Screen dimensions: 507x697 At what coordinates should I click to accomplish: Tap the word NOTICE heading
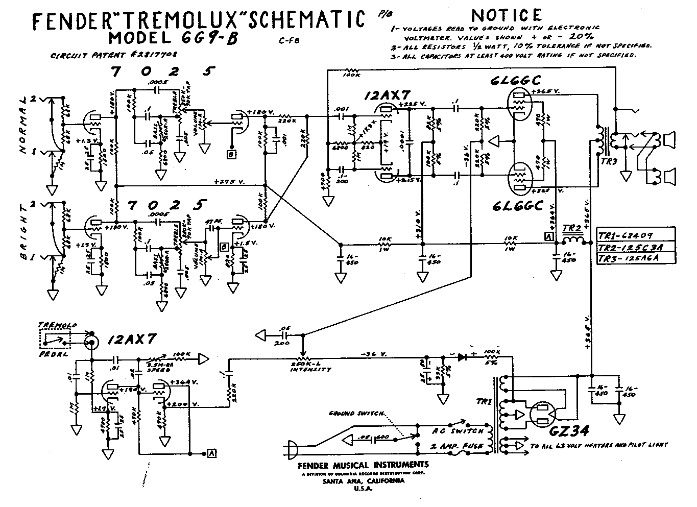coord(507,15)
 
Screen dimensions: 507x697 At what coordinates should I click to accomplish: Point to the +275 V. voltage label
coord(228,181)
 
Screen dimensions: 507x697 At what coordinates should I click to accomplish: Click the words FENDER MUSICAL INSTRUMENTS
coord(363,465)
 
